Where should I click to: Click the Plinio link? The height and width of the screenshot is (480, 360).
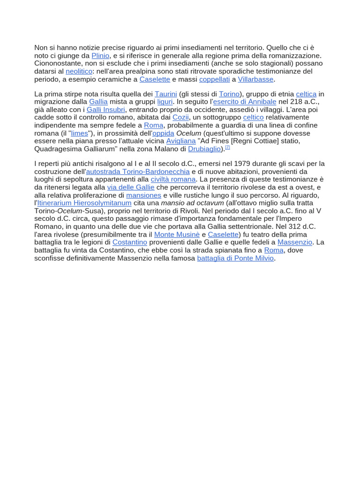100,55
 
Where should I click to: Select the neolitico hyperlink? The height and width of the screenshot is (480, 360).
79,71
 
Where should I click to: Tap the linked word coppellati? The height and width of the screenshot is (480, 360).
214,79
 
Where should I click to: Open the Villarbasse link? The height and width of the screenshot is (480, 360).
255,79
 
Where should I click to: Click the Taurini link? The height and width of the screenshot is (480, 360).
166,94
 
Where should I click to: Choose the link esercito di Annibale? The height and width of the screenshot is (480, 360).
245,102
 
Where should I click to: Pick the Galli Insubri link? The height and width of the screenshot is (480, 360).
106,110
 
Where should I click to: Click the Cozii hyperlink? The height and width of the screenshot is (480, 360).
180,117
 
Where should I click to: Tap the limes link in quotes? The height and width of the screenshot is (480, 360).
80,133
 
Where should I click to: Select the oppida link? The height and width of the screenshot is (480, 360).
163,133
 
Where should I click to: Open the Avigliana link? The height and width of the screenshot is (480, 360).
181,141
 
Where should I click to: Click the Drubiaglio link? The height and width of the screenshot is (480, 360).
204,149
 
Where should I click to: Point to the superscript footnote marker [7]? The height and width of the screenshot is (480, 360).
227,147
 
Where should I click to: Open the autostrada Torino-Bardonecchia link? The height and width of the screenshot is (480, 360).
138,172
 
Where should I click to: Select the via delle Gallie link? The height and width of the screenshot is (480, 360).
131,187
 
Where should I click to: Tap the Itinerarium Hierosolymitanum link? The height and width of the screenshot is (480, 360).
84,203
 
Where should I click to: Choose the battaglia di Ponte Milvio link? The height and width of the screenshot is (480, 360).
235,258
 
